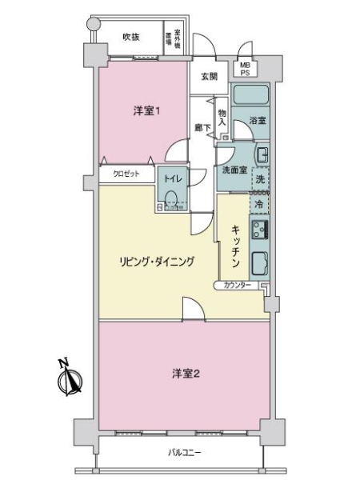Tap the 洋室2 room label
point(185,374)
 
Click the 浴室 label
point(257,121)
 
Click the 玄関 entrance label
point(209,77)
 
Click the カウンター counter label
point(240,286)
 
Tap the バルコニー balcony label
point(185,454)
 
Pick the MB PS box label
point(243,70)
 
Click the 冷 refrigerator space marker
point(259,204)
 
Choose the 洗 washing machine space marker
point(259,178)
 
